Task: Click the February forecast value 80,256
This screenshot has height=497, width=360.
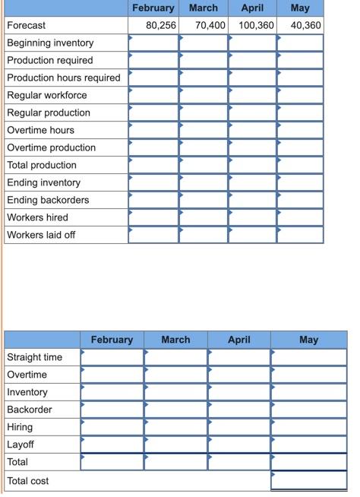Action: pyautogui.click(x=161, y=25)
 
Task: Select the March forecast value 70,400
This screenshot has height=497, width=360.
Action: pyautogui.click(x=210, y=25)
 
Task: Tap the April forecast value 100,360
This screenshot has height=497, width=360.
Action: pyautogui.click(x=255, y=25)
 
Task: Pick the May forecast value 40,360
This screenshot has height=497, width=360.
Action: pyautogui.click(x=305, y=25)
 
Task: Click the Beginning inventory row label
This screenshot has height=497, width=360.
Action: pyautogui.click(x=50, y=43)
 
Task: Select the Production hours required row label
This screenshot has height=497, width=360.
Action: pyautogui.click(x=64, y=78)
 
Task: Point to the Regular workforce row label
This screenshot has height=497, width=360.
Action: pyautogui.click(x=47, y=95)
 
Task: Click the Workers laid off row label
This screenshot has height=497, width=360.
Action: pyautogui.click(x=41, y=235)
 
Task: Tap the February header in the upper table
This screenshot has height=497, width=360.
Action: pyautogui.click(x=153, y=8)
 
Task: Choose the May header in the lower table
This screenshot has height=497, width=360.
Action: pyautogui.click(x=308, y=340)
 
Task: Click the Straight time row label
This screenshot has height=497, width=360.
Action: pyautogui.click(x=35, y=357)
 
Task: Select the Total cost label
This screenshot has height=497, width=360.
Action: pyautogui.click(x=28, y=481)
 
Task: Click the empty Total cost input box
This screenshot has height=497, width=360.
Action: pyautogui.click(x=308, y=481)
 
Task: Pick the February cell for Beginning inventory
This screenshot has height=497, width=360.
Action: pyautogui.click(x=153, y=43)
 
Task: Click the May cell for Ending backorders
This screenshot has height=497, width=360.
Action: pyautogui.click(x=301, y=200)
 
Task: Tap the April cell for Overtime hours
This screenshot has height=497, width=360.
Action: pyautogui.click(x=252, y=130)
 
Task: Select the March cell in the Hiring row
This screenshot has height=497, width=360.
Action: pyautogui.click(x=175, y=427)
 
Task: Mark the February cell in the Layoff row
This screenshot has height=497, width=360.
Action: pyautogui.click(x=112, y=445)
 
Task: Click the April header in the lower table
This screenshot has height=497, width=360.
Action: pyautogui.click(x=239, y=340)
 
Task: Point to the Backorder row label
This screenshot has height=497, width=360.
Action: pyautogui.click(x=30, y=410)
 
